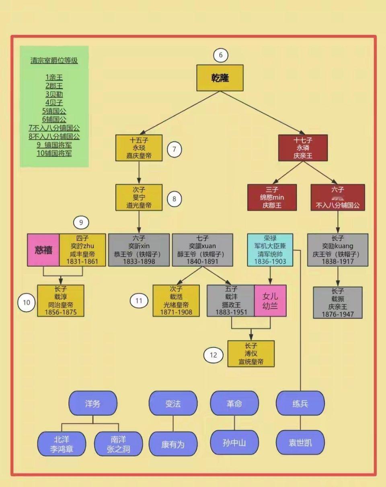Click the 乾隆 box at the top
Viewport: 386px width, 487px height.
[x=220, y=78]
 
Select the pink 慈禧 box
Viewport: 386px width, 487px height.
[x=43, y=250]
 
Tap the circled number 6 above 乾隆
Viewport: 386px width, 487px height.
[x=220, y=55]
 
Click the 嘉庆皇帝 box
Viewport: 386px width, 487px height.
[x=139, y=148]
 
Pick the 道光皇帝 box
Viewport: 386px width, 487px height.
[x=139, y=197]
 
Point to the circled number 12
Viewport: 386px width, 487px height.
[x=213, y=355]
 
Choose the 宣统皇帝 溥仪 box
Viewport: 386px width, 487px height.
[x=251, y=354]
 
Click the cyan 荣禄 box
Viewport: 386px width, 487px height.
[x=270, y=250]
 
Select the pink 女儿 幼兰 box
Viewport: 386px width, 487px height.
[x=270, y=301]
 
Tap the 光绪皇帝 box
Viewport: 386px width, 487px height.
[x=176, y=301]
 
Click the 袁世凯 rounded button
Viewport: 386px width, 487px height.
[x=300, y=443]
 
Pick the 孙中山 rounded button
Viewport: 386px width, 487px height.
[x=234, y=443]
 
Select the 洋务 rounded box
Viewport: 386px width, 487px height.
[x=93, y=403]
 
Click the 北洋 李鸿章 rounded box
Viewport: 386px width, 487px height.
[x=62, y=444]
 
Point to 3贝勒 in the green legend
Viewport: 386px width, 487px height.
[x=54, y=94]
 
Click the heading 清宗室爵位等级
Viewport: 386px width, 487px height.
[x=54, y=61]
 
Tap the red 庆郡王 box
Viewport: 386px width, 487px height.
[x=272, y=197]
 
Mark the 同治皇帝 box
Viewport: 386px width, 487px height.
[x=61, y=301]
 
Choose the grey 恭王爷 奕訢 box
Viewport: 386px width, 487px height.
[x=139, y=250]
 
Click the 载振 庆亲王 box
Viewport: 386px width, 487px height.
[x=338, y=303]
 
